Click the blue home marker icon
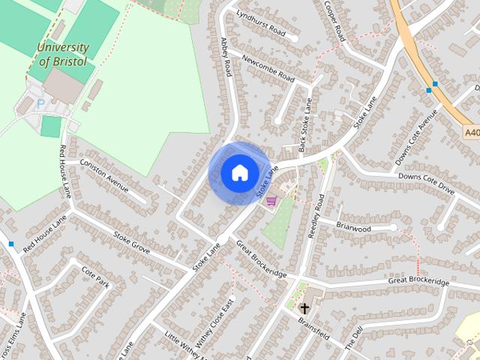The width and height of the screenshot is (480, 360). tap(238, 173)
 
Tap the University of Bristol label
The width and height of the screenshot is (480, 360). tap(62, 54)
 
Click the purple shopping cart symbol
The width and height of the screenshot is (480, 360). tap(271, 200)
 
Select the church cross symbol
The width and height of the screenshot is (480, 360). tap(305, 308)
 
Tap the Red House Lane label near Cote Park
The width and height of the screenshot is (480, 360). tap(45, 232)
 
